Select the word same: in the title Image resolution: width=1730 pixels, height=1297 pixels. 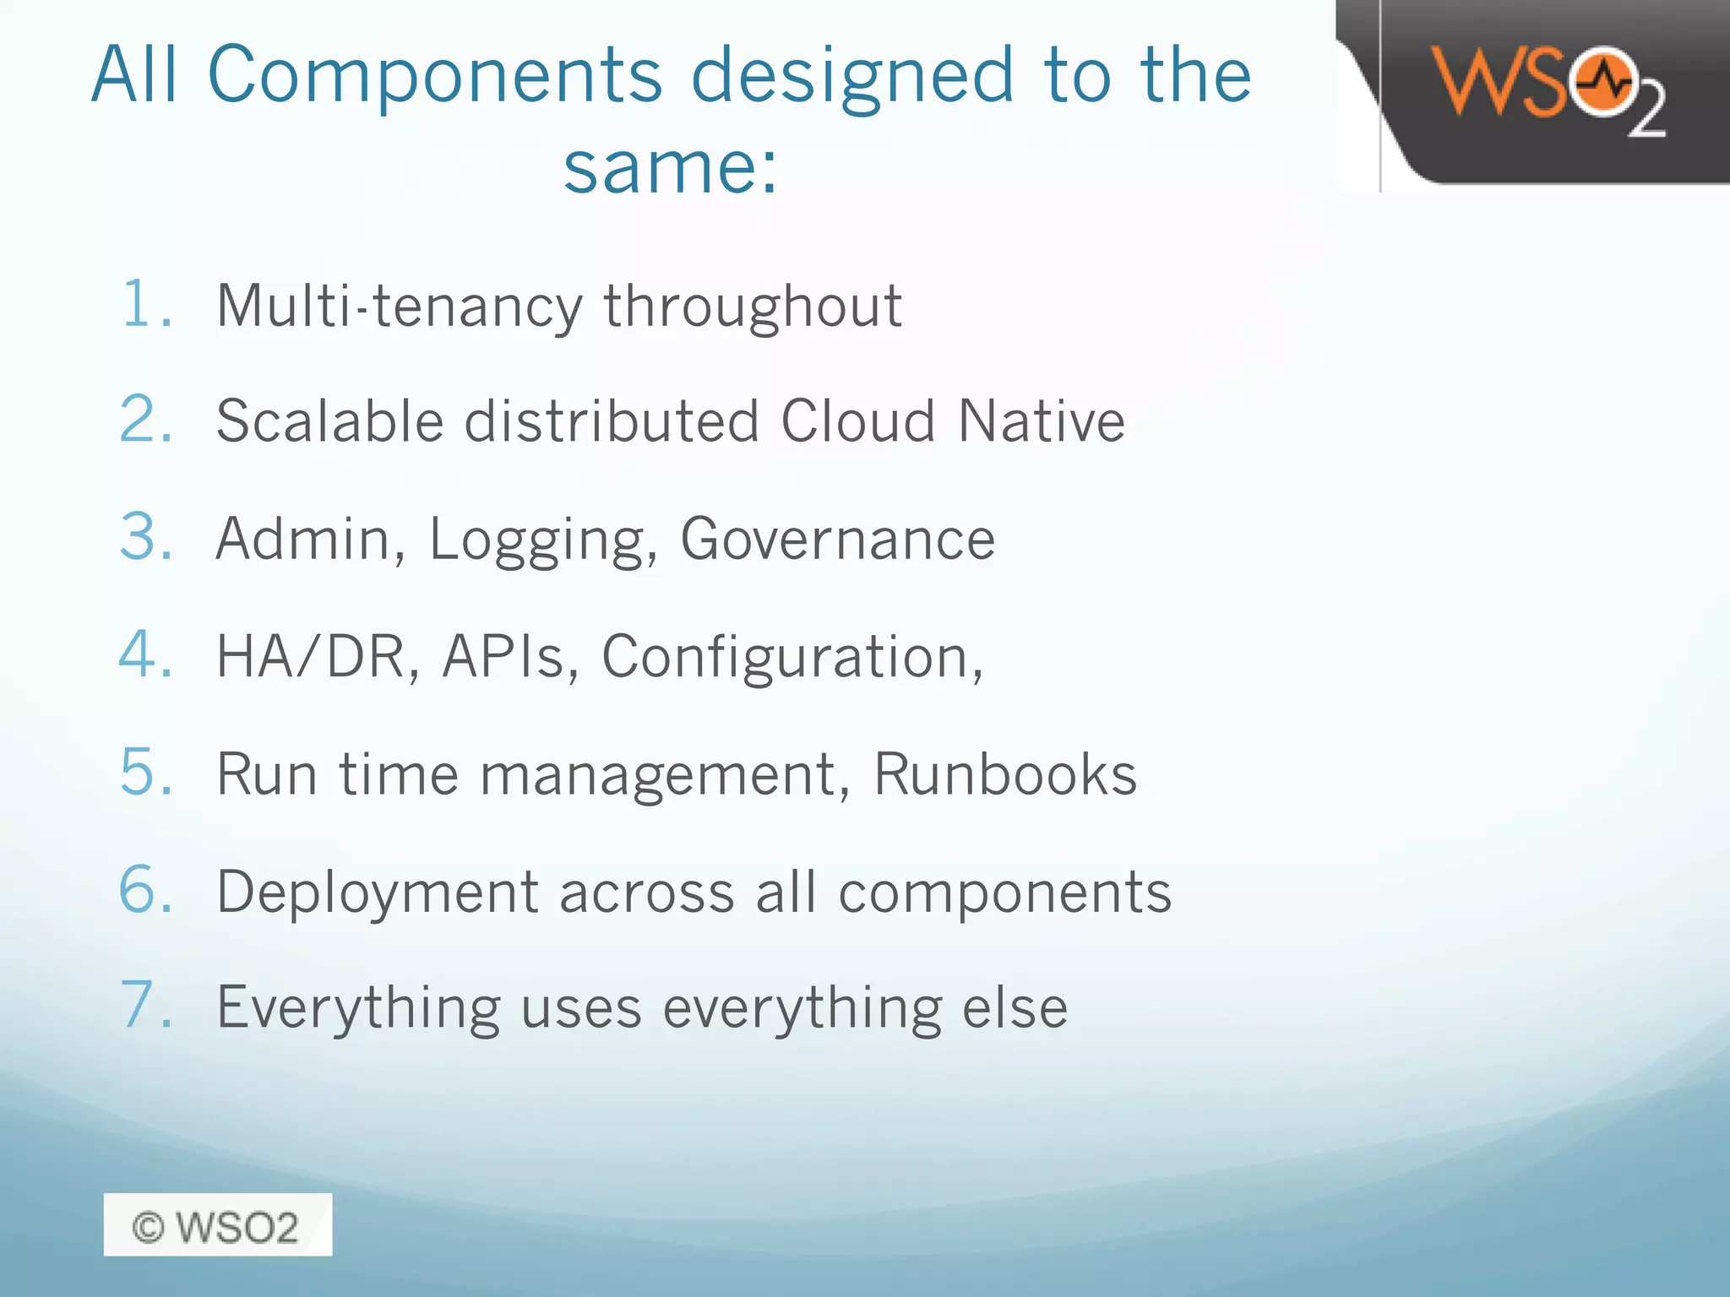point(670,167)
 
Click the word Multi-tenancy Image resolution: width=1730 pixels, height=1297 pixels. point(399,306)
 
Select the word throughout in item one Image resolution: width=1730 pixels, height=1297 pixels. point(752,306)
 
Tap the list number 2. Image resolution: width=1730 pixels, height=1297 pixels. point(145,420)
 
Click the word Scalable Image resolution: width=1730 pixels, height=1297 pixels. point(329,421)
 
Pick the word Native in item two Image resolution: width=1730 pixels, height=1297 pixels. point(1041,421)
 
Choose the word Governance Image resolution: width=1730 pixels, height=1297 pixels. point(837,539)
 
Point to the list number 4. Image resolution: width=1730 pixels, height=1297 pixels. point(145,654)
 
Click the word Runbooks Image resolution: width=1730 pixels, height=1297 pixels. point(1004,773)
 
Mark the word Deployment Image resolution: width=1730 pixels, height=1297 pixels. point(378,893)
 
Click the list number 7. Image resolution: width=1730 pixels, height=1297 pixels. point(145,1006)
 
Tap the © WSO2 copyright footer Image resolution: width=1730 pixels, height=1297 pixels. point(217,1225)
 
